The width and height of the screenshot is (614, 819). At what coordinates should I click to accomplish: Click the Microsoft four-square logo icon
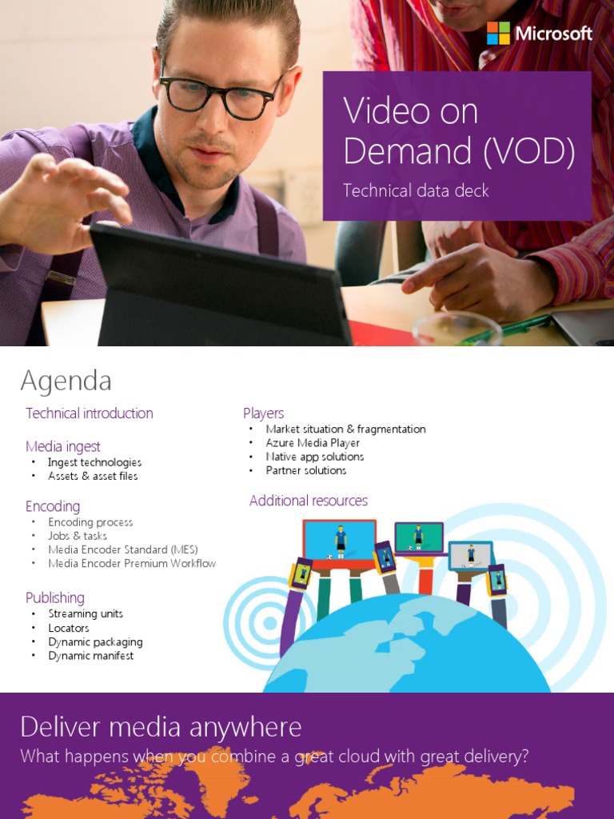498,34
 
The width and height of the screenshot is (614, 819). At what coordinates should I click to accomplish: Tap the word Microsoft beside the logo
553,34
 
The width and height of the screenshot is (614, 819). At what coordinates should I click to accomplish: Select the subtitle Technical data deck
416,190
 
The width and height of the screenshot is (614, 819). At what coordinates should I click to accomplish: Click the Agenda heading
66,381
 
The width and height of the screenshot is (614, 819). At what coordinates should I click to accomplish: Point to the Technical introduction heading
89,413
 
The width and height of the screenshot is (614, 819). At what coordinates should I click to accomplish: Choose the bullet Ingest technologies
94,462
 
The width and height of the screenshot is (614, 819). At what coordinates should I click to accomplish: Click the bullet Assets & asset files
93,476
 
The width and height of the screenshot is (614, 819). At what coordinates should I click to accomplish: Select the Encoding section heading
53,506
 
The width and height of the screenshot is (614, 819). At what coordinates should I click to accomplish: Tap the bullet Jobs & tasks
78,536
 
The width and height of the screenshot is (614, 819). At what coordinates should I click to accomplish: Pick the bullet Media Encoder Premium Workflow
132,563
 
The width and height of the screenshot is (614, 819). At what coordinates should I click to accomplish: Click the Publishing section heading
54,597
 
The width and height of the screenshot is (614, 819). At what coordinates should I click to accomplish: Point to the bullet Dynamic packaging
95,642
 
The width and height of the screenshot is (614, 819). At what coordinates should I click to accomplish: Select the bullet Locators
69,628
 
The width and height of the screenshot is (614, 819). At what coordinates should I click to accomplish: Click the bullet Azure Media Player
313,443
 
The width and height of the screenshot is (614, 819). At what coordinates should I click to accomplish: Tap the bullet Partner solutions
306,470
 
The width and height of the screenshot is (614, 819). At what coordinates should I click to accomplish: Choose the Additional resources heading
309,501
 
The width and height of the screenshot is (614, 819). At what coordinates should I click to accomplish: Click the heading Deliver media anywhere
161,727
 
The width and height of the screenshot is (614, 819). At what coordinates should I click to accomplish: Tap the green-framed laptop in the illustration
419,537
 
